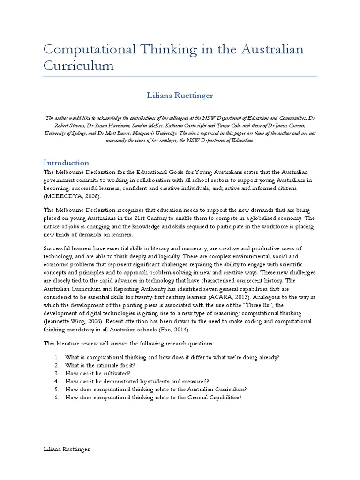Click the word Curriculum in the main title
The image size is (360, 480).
(79, 66)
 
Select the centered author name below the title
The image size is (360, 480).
(180, 95)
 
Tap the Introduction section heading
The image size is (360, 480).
(66, 163)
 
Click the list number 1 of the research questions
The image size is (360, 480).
(56, 357)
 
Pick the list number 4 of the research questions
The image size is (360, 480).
(56, 381)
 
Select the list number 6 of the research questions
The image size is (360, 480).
(56, 397)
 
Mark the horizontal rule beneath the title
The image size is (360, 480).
(180, 77)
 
